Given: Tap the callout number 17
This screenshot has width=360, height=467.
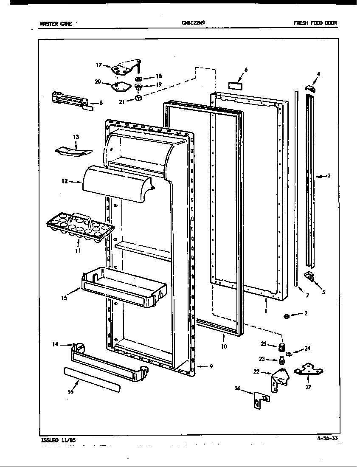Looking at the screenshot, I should [98, 65].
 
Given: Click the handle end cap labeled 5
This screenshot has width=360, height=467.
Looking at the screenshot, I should [310, 277].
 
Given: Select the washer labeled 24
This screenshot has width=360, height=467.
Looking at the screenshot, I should [288, 353].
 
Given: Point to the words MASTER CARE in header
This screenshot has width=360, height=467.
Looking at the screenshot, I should [56, 24].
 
